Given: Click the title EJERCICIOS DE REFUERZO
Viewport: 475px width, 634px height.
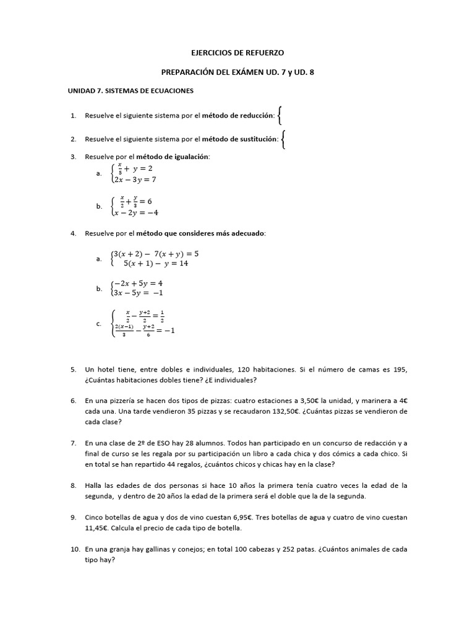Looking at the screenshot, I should tap(238, 54).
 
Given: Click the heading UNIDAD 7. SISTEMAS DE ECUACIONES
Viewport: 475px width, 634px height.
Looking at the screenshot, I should tap(131, 90).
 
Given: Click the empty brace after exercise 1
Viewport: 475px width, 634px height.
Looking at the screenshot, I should tap(281, 115).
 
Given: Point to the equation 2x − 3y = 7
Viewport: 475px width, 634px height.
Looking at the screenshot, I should tap(135, 180).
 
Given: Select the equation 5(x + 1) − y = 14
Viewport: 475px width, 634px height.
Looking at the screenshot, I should tap(155, 263).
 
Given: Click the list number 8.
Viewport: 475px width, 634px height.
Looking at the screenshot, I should tap(73, 485).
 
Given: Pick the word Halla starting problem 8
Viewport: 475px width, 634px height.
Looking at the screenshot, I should tap(95, 485).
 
